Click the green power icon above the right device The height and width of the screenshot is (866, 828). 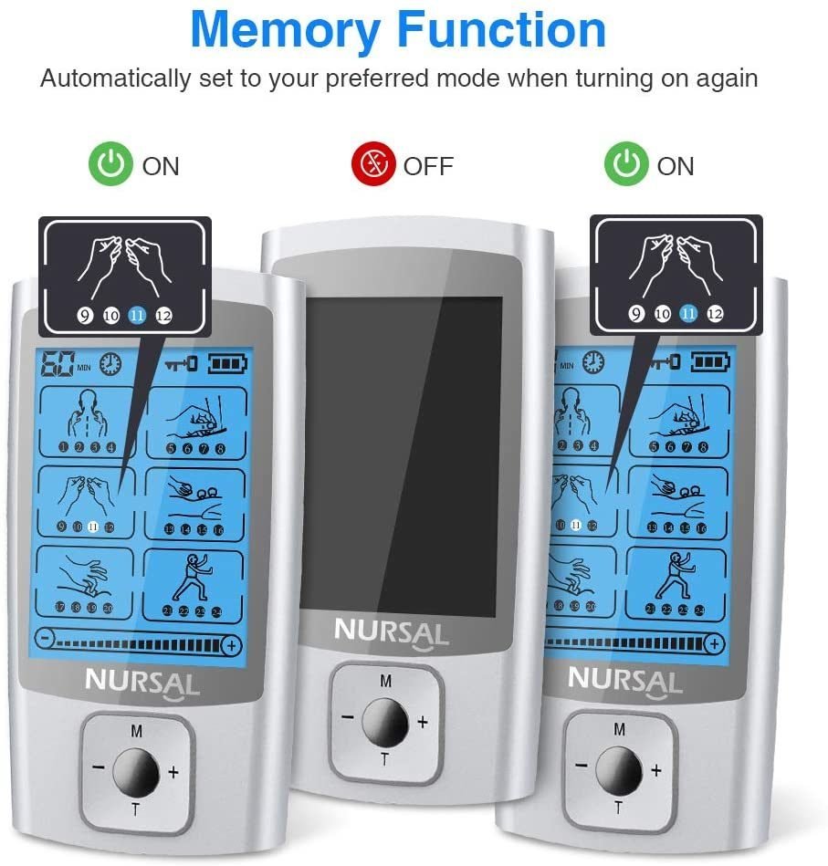coord(627,165)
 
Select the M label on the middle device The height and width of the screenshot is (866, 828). coord(385,681)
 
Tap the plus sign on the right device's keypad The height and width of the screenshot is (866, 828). coord(655,770)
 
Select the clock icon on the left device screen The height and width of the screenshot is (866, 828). coord(111,365)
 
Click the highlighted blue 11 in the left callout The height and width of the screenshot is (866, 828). coord(137,316)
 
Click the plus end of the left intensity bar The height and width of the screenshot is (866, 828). coord(232,645)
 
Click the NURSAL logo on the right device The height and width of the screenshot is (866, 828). coord(624,680)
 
